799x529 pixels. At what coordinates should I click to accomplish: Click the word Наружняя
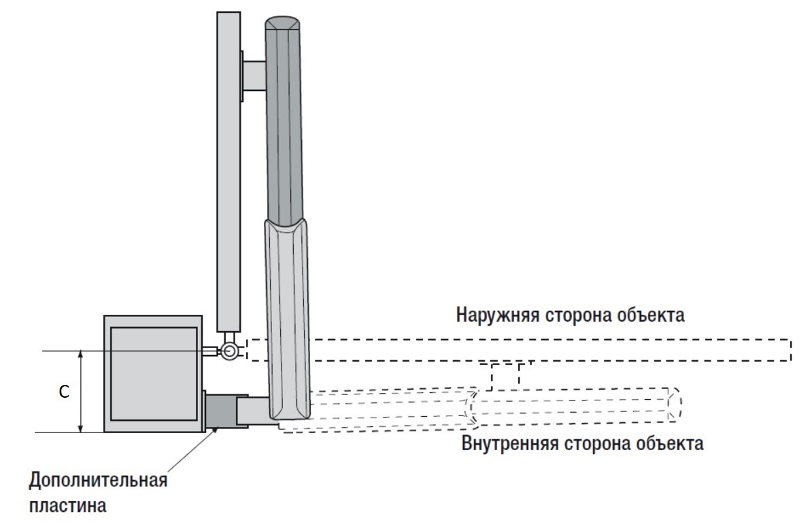tap(498, 315)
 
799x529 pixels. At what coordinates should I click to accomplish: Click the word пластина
tap(67, 506)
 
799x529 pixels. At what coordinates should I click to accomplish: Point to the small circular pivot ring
tap(229, 350)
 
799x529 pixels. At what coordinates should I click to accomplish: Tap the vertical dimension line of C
tap(81, 392)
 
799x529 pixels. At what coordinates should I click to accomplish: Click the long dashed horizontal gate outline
tap(517, 349)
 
